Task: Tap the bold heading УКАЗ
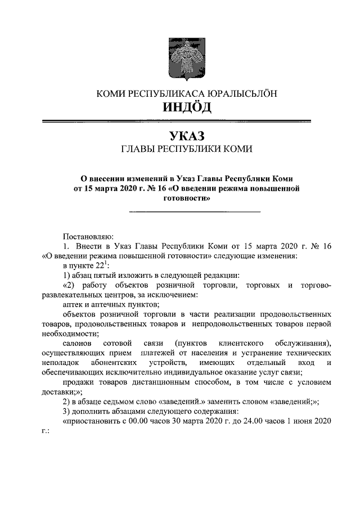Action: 179,136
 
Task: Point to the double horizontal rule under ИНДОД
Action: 179,121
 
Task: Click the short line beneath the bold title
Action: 195,211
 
